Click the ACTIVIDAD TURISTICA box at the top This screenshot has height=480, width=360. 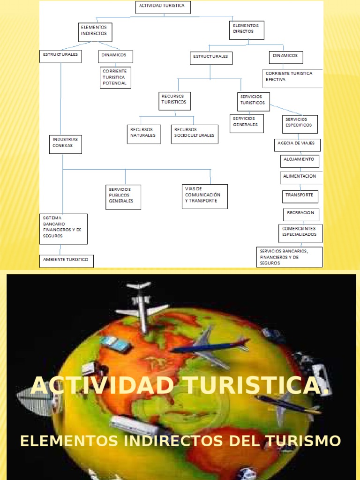(164, 7)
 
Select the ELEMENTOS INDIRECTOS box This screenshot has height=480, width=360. (95, 31)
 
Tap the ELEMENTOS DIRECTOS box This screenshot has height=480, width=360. (247, 30)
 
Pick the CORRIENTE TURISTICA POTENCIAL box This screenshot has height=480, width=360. (115, 77)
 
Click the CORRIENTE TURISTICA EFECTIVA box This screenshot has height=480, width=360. (292, 78)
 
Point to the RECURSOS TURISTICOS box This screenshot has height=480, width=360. (174, 101)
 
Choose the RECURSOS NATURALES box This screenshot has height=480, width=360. (143, 134)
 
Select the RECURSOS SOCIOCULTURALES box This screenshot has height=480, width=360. (194, 134)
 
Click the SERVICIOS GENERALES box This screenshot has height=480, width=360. (247, 123)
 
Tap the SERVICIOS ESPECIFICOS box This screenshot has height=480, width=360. (300, 124)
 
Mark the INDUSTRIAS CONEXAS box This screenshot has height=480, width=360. (66, 144)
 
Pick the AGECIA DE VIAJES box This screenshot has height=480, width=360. (297, 145)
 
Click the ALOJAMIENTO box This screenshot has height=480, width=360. (300, 161)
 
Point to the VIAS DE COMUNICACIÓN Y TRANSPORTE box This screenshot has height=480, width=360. (205, 196)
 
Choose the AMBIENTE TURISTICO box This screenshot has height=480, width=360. (66, 261)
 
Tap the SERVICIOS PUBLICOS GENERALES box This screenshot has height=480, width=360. (123, 197)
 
